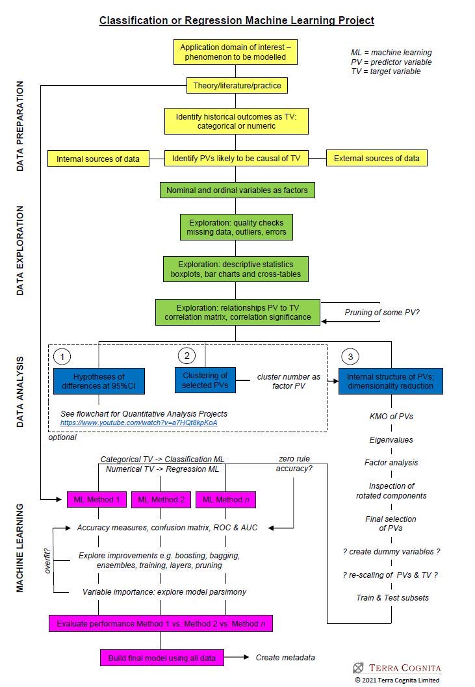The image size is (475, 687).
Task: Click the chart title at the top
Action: point(237,20)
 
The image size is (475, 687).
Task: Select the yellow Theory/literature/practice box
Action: point(237,86)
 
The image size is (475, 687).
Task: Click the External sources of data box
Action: point(376,158)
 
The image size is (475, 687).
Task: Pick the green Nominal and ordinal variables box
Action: point(237,190)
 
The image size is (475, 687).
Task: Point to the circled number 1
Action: point(62,357)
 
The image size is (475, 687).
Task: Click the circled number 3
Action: point(350,357)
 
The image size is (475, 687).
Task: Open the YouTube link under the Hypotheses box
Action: point(138,422)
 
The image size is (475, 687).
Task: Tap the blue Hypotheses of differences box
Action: point(99,381)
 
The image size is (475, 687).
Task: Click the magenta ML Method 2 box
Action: point(160,499)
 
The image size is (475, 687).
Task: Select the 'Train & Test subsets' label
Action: point(392,597)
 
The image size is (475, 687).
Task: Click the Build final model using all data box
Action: point(162,657)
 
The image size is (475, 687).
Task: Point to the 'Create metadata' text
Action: point(285,657)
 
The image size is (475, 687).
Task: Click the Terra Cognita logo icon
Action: point(358,668)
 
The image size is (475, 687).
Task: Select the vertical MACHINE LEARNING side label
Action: point(20,547)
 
